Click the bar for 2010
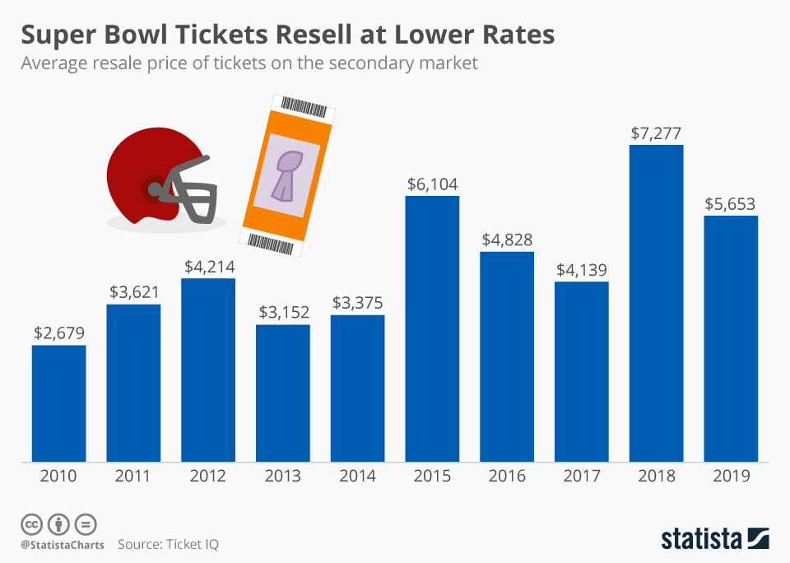click(x=58, y=403)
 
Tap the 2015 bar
click(x=432, y=328)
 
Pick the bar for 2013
click(x=282, y=393)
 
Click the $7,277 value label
click(x=656, y=133)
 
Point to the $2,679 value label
click(x=58, y=333)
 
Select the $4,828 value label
click(x=506, y=240)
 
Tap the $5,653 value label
click(x=731, y=203)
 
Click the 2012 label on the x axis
click(x=207, y=477)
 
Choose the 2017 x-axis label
click(x=581, y=477)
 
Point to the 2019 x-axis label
click(x=731, y=477)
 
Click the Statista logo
click(x=714, y=538)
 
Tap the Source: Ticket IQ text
click(x=168, y=544)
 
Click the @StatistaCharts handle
click(x=63, y=544)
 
